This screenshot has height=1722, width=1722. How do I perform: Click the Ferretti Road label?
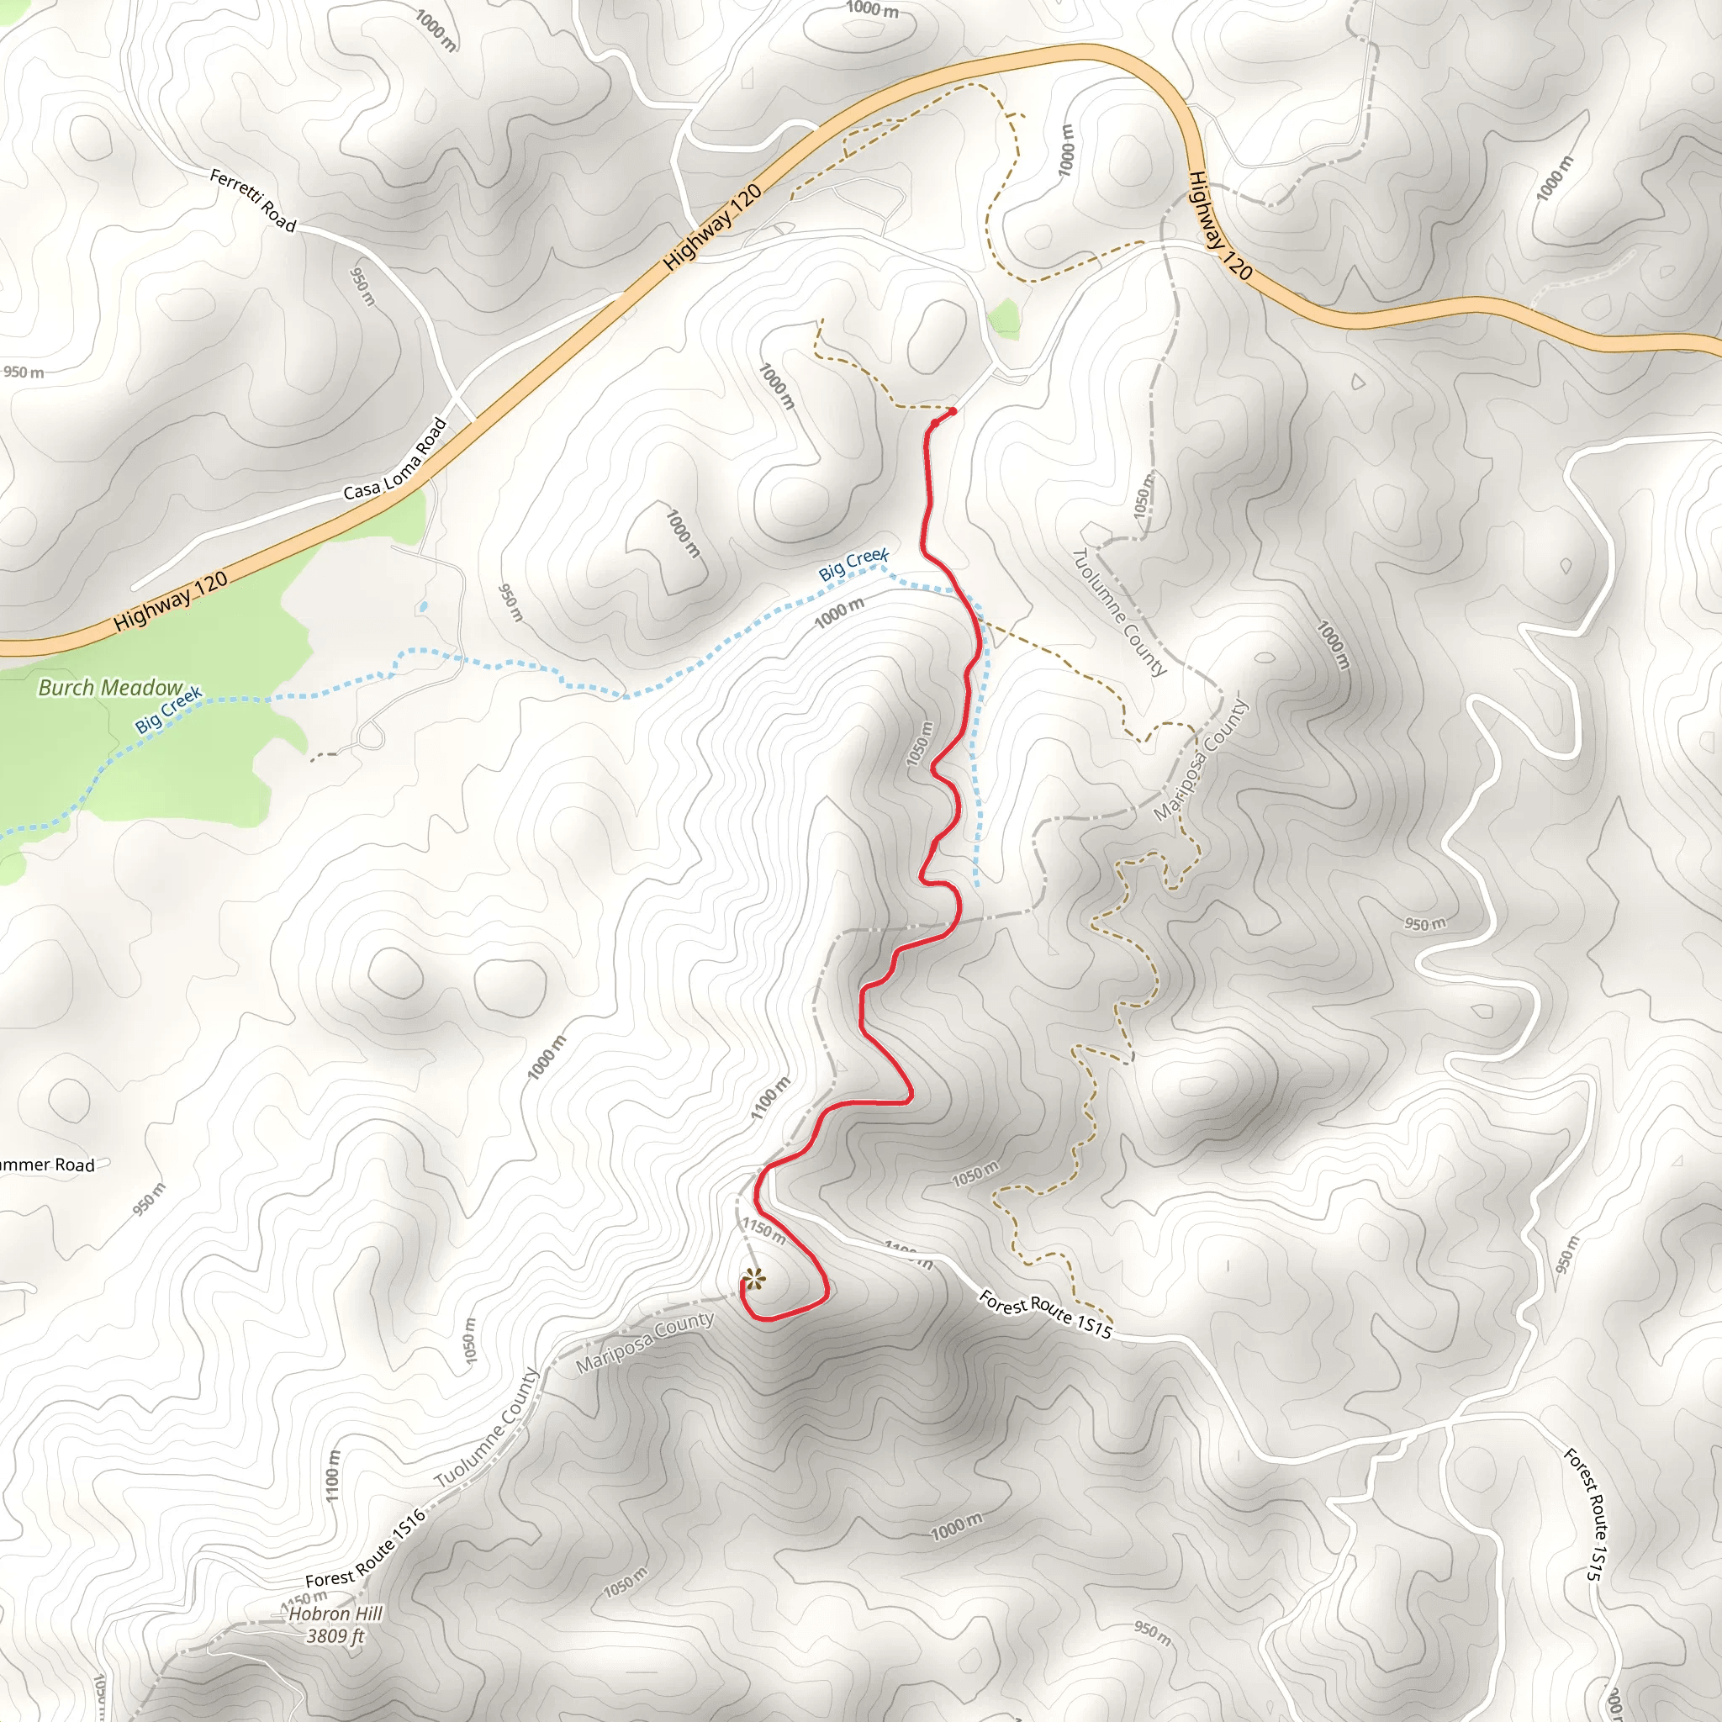[x=252, y=199]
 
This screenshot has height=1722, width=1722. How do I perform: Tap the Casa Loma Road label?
[x=394, y=459]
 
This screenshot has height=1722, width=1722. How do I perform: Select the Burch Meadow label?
[x=110, y=687]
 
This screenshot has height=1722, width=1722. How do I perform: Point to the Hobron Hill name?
[x=335, y=1614]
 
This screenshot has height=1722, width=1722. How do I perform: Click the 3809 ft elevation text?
[x=335, y=1636]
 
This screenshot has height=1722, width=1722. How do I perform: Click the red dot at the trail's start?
[x=952, y=411]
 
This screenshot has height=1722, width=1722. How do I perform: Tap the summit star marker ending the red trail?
[x=753, y=1280]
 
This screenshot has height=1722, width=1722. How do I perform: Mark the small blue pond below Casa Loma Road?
[x=421, y=607]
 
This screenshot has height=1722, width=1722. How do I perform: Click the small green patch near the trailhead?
[x=1005, y=318]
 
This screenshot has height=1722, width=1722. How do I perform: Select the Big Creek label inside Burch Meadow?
[x=168, y=709]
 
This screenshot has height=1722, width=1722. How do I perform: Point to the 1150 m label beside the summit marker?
[x=763, y=1232]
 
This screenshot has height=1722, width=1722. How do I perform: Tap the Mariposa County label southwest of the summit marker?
[x=644, y=1342]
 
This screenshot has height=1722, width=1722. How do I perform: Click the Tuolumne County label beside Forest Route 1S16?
[x=487, y=1427]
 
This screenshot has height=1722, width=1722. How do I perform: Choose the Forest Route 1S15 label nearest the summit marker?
[x=1045, y=1314]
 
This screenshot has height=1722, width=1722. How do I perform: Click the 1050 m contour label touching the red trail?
[x=920, y=743]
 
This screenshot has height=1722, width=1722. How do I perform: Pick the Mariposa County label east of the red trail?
[x=1201, y=760]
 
